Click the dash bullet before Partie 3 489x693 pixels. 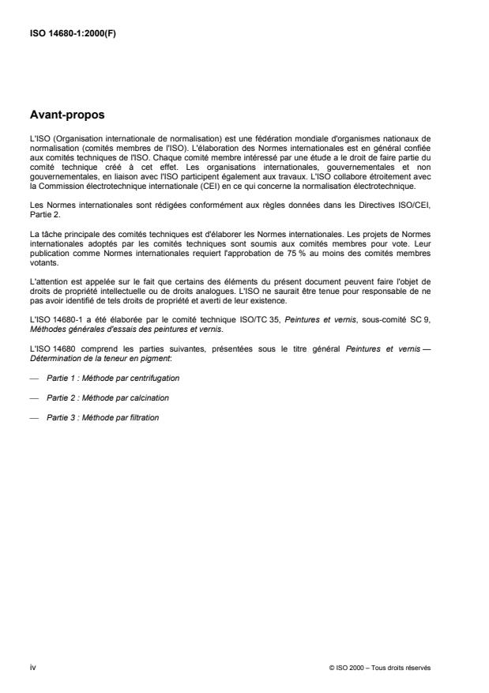pyautogui.click(x=32, y=417)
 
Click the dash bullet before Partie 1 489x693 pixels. pyautogui.click(x=32, y=378)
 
